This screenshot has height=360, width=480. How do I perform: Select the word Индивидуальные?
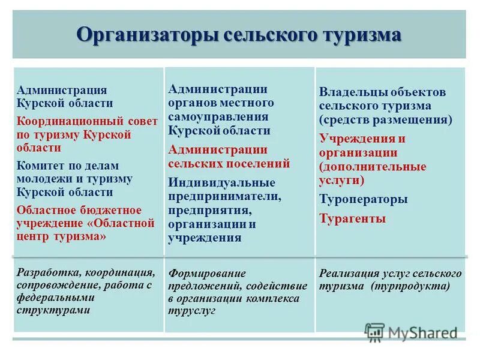pos(221,182)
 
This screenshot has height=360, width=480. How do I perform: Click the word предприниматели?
pos(224,196)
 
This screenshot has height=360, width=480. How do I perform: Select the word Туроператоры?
pos(363,199)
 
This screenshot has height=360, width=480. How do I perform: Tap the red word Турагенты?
pos(352,218)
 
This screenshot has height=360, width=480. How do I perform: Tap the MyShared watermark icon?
pos(375,331)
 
